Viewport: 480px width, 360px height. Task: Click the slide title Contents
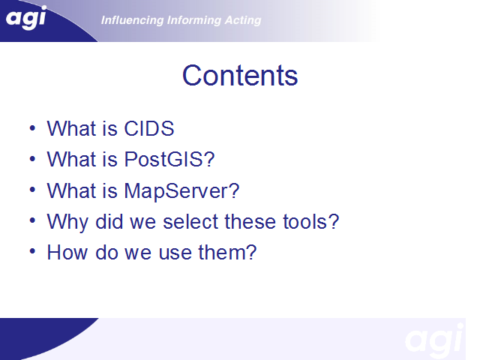tap(240, 75)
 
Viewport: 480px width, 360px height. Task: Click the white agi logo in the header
tap(26, 18)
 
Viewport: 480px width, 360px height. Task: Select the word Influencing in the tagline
tap(132, 20)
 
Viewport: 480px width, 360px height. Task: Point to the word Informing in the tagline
tap(193, 20)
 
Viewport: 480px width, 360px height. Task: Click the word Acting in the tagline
tap(243, 20)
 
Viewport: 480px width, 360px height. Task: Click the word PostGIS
tap(163, 159)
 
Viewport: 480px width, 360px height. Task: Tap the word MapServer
tap(176, 191)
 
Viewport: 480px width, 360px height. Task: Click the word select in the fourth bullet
tap(190, 221)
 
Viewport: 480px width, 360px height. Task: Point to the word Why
tap(67, 222)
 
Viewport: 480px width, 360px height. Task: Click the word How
tap(67, 252)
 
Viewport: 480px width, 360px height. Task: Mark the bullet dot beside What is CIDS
tap(32, 128)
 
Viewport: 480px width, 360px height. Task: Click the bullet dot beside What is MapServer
tap(32, 190)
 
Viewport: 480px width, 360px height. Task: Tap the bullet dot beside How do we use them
tap(32, 252)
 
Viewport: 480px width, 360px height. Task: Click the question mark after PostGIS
tap(209, 159)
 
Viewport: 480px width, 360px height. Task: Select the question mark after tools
tap(334, 221)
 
